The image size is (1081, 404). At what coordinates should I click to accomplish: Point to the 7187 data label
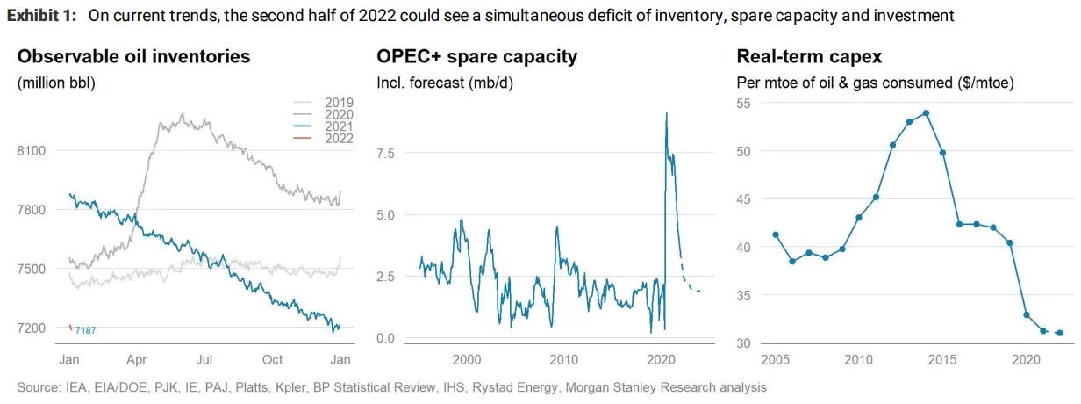coord(85,330)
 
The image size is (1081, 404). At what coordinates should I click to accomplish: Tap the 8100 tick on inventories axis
coord(31,151)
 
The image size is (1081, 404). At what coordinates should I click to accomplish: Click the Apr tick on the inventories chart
coord(137,360)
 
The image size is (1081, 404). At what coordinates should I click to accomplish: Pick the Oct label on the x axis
coord(273,360)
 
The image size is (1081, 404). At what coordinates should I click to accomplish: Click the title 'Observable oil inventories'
coord(133,57)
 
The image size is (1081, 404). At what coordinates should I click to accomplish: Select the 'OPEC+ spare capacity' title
coord(476,57)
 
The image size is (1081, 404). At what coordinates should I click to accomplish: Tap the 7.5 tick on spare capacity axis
coord(386,153)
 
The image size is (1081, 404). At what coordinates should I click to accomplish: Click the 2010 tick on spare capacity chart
coord(563,360)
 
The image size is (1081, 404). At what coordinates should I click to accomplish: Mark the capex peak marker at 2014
coord(926,112)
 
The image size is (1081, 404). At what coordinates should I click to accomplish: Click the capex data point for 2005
coord(775,234)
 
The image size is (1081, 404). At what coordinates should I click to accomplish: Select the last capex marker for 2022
coord(1060,333)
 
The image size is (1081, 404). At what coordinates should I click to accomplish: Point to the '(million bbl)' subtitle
coord(56,83)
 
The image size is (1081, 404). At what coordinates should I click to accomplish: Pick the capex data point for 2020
coord(1027,314)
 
